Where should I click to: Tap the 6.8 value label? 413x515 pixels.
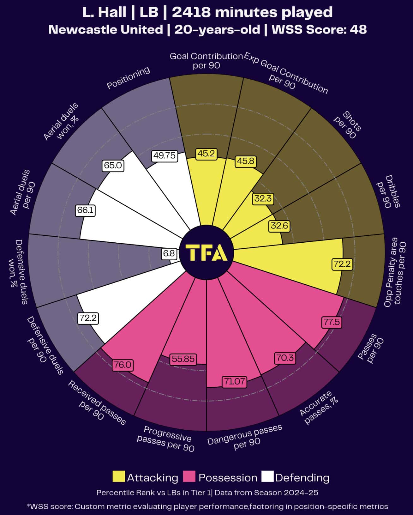[169, 253]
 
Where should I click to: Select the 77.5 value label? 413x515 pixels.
[332, 322]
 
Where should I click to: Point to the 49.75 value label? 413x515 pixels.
[165, 156]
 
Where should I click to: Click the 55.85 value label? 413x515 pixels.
[183, 359]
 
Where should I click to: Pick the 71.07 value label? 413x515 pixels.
[234, 381]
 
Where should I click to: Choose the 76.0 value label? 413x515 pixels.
[123, 365]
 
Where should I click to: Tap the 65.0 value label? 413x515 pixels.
[113, 165]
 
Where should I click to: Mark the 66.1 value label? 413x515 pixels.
[85, 210]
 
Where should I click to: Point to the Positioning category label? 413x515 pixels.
[128, 78]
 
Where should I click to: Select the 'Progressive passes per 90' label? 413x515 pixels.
[165, 439]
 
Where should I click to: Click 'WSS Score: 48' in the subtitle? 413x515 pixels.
[319, 30]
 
